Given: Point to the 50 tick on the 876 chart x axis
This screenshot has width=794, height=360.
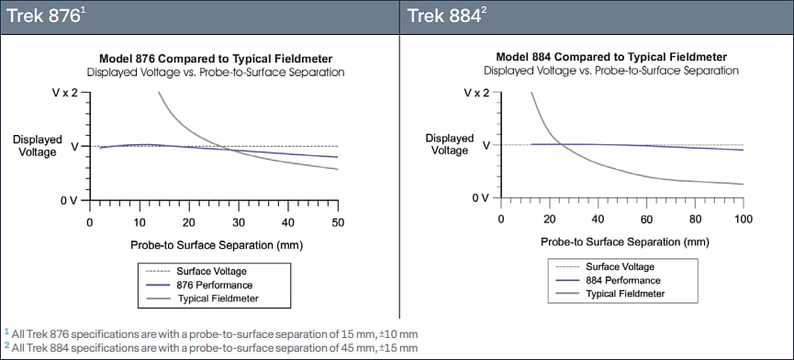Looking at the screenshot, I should click(338, 221).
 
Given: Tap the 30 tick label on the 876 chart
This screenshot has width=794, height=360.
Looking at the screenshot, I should click(239, 221).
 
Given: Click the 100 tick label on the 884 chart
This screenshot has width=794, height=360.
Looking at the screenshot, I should click(744, 219).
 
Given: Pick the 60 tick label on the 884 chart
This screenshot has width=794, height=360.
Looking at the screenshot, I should click(646, 219).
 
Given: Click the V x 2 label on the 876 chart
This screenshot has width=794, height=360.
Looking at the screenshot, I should click(62, 94).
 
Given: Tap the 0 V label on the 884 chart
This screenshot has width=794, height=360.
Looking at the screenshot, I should click(477, 198).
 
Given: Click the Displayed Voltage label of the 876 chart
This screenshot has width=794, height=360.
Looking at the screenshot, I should click(38, 147).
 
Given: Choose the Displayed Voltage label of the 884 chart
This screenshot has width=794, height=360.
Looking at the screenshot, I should click(450, 145).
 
